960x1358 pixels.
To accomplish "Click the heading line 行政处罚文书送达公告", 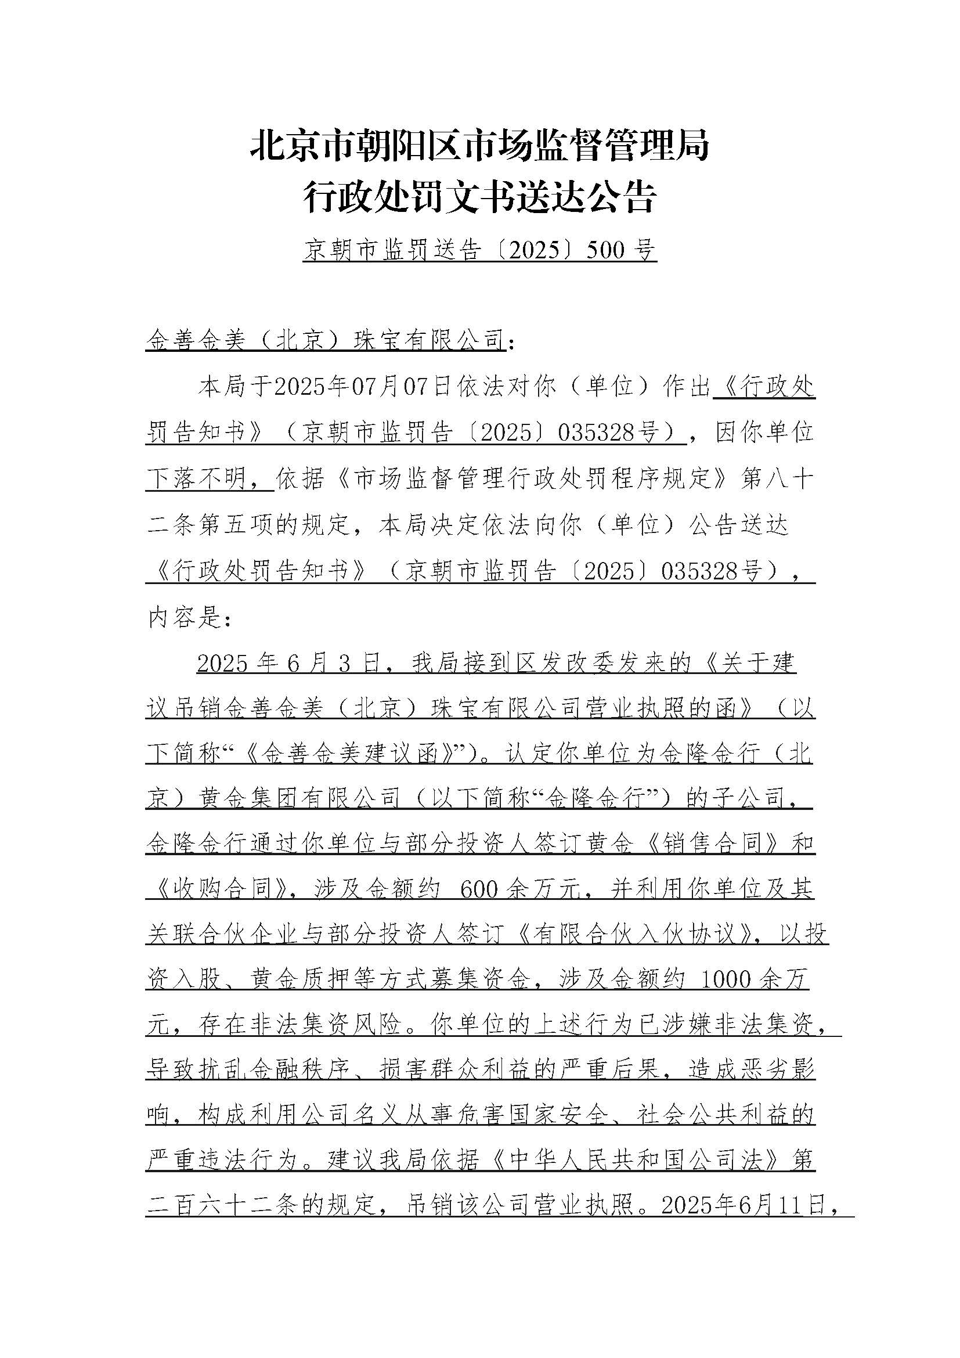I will [x=479, y=197].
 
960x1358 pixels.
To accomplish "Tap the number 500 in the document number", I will [x=604, y=251].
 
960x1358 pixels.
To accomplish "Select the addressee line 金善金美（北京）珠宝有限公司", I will [x=324, y=341].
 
